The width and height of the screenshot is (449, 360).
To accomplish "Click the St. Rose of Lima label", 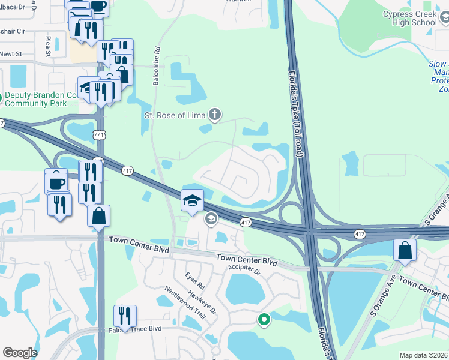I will (x=174, y=115).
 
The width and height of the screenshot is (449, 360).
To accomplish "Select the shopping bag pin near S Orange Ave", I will (x=405, y=250).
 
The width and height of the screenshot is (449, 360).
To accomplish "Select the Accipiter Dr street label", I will (x=246, y=270).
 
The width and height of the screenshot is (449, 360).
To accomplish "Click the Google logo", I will (x=20, y=353).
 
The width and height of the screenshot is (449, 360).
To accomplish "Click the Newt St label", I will (x=11, y=54).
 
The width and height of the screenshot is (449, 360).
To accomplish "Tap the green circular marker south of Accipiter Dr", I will (x=263, y=319).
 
